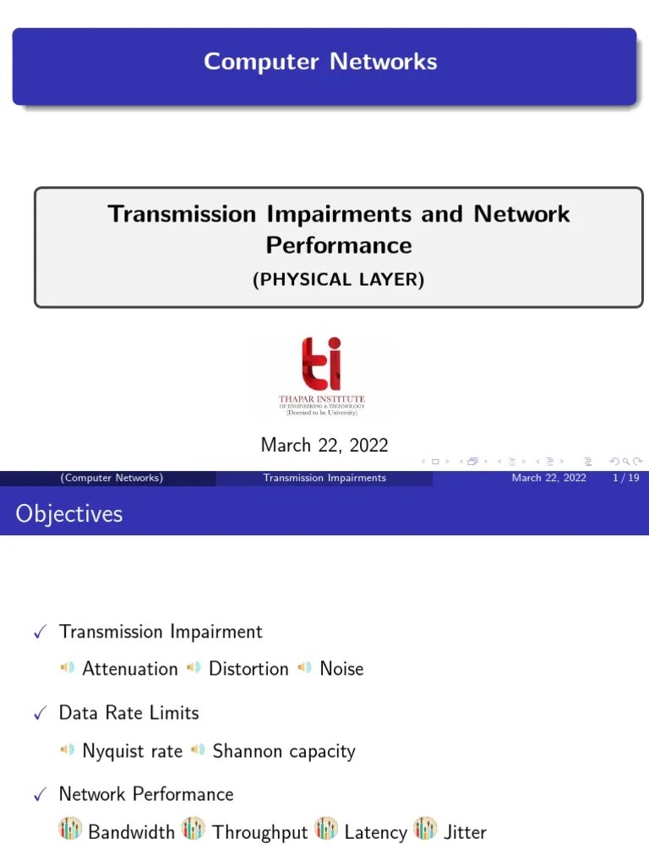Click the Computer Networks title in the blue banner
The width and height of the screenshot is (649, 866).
(x=320, y=62)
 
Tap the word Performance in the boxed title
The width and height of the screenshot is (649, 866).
(x=339, y=245)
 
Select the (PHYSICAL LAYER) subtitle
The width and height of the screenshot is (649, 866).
(x=338, y=280)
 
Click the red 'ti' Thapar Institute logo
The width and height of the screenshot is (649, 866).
(x=322, y=364)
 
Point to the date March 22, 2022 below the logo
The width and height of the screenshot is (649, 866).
(x=324, y=445)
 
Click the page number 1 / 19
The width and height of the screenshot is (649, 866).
(x=624, y=478)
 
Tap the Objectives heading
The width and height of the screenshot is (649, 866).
(x=69, y=514)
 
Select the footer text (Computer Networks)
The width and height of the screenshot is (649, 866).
(x=112, y=478)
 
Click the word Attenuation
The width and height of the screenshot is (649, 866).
(x=130, y=669)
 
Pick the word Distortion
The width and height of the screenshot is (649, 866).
(x=248, y=669)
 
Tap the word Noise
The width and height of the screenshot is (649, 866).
(x=341, y=669)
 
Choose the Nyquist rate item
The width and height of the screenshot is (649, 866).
(x=132, y=751)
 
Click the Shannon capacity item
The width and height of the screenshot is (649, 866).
(x=284, y=751)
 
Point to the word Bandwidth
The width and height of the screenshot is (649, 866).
(x=131, y=832)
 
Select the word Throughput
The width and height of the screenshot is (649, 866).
(x=260, y=832)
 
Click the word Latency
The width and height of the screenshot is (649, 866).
(x=375, y=832)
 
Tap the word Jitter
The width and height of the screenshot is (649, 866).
(x=465, y=832)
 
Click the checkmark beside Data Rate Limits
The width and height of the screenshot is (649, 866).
(x=39, y=715)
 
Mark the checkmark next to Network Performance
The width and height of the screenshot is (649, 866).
(x=39, y=796)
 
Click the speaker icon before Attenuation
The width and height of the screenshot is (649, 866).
(x=68, y=668)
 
